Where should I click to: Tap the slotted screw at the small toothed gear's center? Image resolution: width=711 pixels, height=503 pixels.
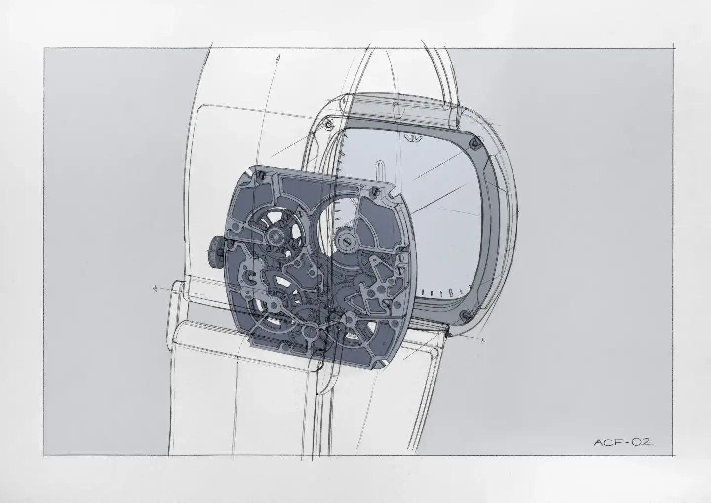345,241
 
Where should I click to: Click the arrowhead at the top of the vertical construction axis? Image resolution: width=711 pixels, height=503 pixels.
279,58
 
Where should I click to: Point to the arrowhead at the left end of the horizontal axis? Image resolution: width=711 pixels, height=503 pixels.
155,288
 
